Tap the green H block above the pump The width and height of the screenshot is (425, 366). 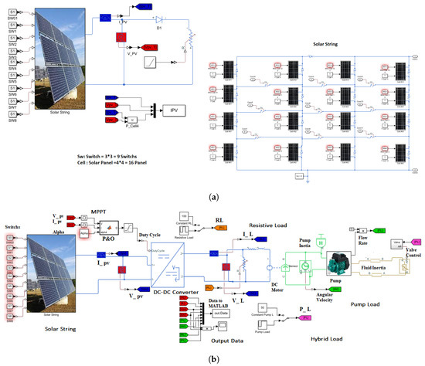321,242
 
